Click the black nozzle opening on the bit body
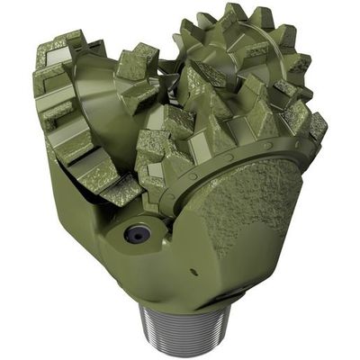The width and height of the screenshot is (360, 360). tap(138, 234)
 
